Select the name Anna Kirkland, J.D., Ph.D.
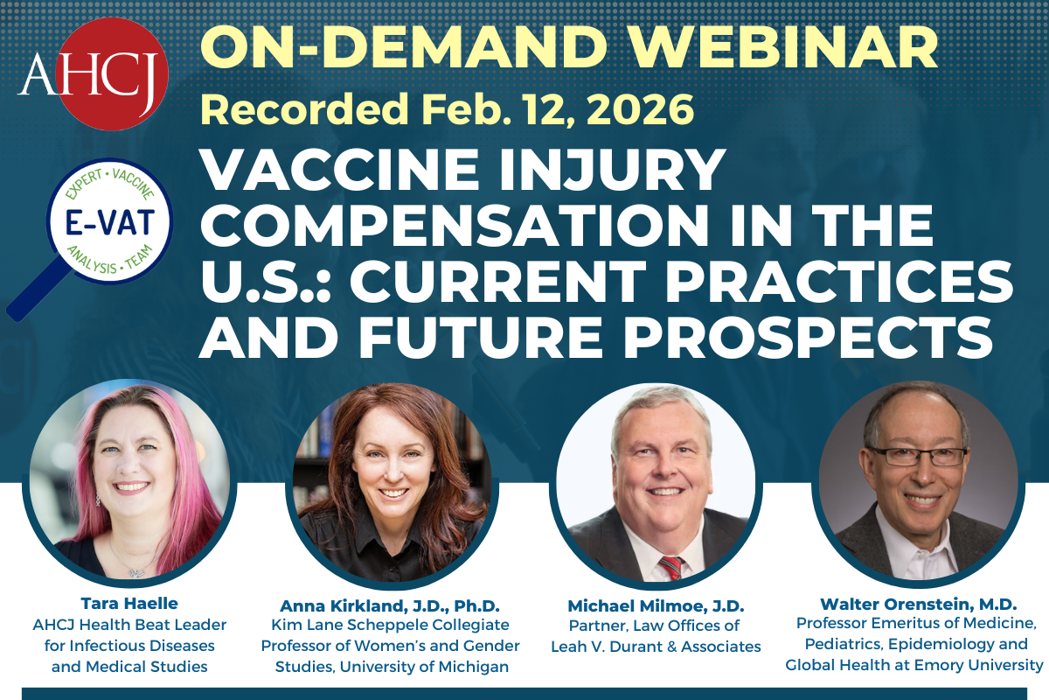[390, 605]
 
